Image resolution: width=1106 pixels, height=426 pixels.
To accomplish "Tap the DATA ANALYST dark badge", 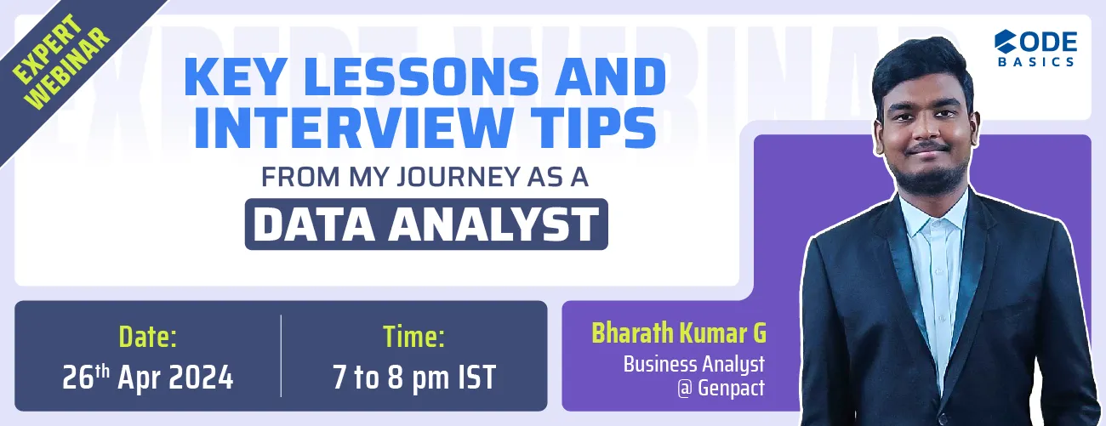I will tap(425, 224).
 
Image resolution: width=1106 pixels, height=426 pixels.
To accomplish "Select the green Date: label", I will tap(147, 338).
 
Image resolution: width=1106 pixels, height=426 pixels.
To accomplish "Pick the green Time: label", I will tap(413, 338).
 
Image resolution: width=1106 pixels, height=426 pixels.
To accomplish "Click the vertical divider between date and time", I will tap(281, 355).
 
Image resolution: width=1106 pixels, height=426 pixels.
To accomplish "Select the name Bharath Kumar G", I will tap(678, 332).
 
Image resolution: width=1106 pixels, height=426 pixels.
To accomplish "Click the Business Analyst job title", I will tap(693, 364).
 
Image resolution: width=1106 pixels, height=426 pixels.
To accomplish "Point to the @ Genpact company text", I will tap(729, 389).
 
